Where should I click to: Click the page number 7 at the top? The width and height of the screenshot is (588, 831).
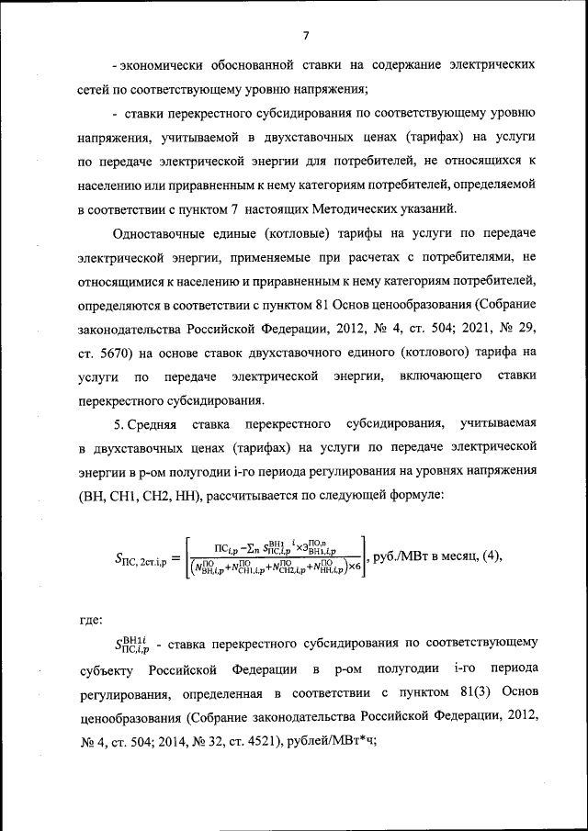(305, 35)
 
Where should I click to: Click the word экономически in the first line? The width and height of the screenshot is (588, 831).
(160, 67)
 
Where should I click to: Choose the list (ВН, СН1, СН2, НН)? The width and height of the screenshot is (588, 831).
(142, 496)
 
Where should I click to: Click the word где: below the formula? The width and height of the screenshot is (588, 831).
(94, 619)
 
